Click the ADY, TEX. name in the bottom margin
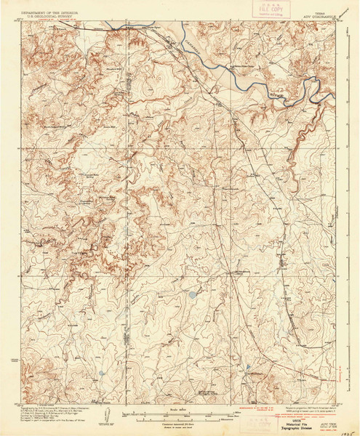click(326, 407)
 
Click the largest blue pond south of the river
click(191, 296)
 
